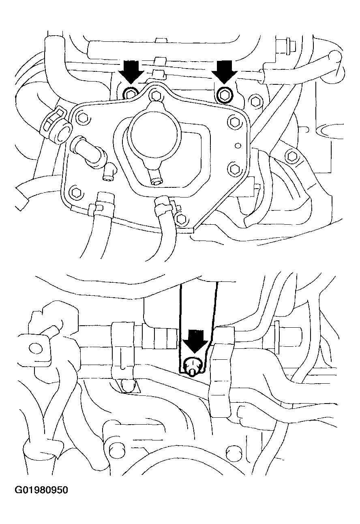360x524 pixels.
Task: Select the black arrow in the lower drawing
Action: click(x=195, y=341)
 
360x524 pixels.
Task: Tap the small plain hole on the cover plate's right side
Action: click(x=238, y=146)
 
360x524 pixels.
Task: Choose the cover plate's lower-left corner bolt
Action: click(x=75, y=192)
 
